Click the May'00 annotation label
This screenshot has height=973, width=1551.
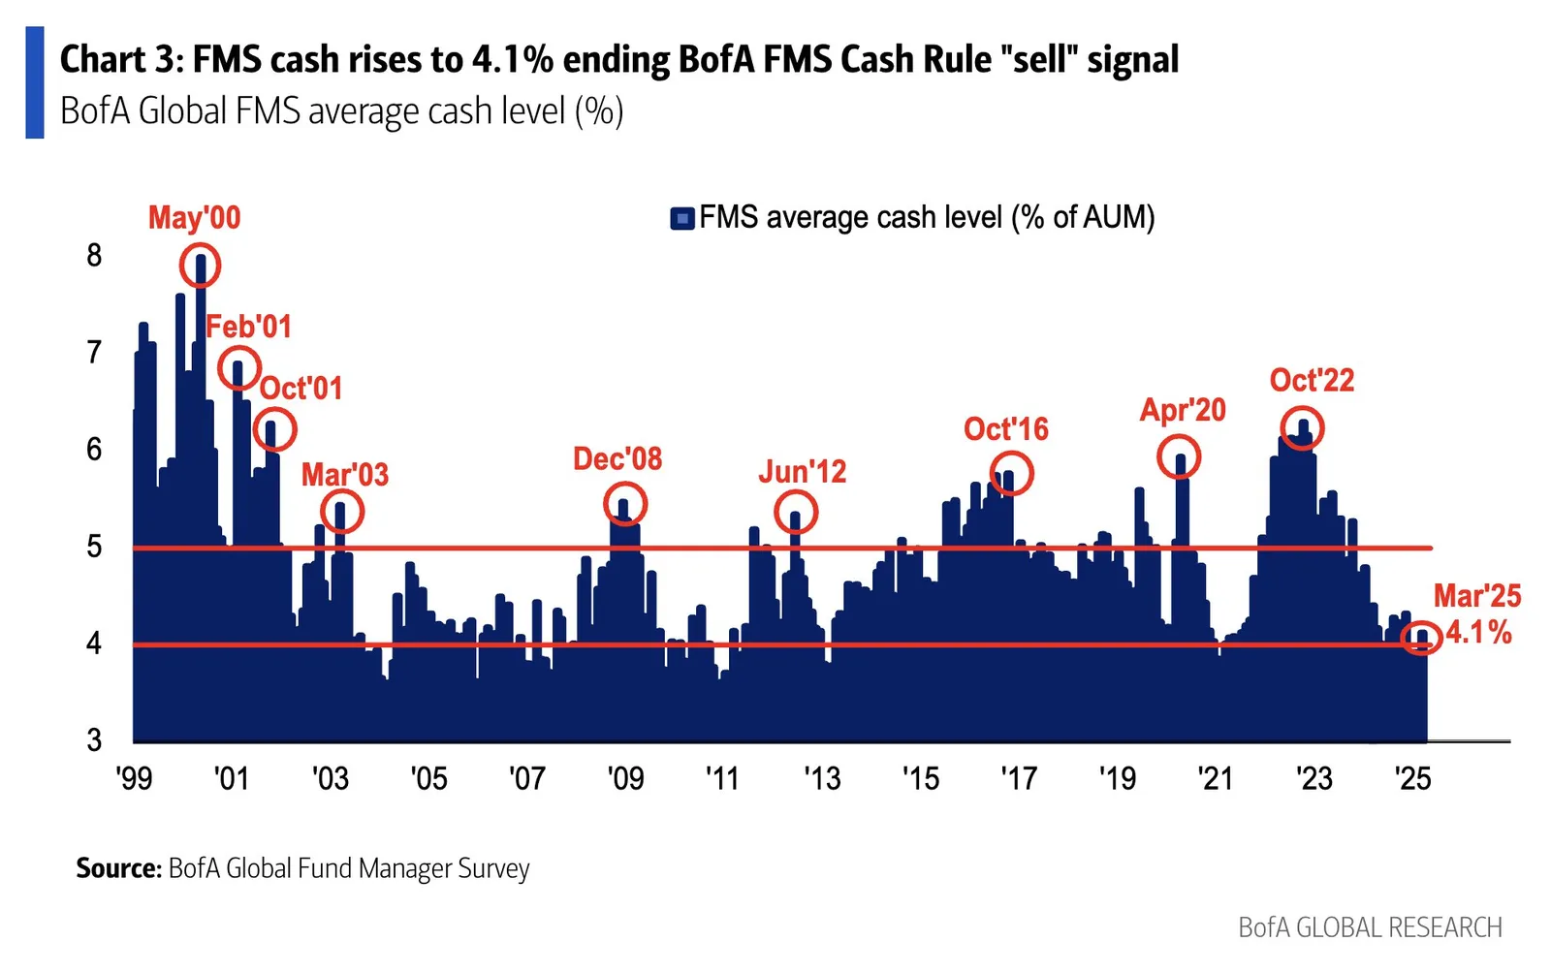coord(195,218)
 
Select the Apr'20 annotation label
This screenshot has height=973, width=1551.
coord(1183,410)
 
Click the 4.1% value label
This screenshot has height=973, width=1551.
coord(1478,633)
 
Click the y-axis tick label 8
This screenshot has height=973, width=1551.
coord(94,256)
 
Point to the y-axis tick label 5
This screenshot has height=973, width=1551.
coord(94,548)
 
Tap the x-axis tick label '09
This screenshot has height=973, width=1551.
coord(625,778)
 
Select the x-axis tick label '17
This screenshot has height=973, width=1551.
coord(1019,778)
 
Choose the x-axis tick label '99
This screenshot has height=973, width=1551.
coord(135,778)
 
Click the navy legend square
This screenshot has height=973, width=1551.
coord(682,219)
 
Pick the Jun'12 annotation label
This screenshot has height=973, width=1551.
coord(803,472)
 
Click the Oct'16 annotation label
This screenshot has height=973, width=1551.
coord(1006,429)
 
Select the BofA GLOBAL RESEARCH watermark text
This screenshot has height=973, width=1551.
coord(1371,927)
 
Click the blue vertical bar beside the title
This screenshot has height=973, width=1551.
coord(35,82)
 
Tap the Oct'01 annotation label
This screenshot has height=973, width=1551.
coord(301,389)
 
